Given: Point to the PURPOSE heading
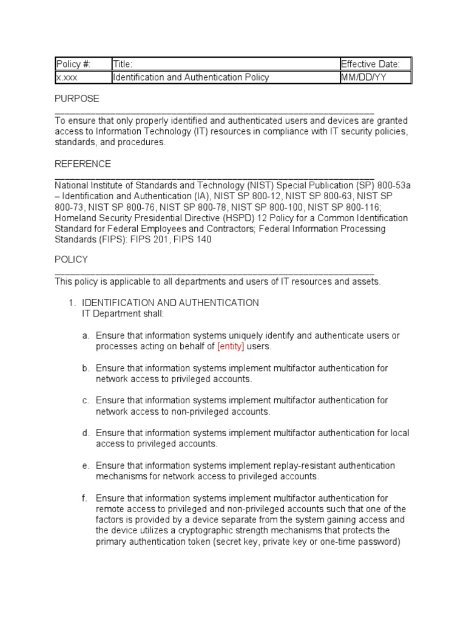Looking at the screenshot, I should pyautogui.click(x=77, y=98).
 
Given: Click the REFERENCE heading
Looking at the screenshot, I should pyautogui.click(x=83, y=164).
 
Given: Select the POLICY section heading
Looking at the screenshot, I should pyautogui.click(x=72, y=259).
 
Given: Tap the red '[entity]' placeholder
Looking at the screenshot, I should pyautogui.click(x=230, y=346).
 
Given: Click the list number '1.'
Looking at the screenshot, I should pyautogui.click(x=70, y=302).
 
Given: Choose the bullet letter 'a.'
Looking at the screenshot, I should pyautogui.click(x=86, y=335).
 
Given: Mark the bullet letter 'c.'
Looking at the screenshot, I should pyautogui.click(x=86, y=400).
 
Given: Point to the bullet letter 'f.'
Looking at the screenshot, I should pyautogui.click(x=85, y=498).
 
